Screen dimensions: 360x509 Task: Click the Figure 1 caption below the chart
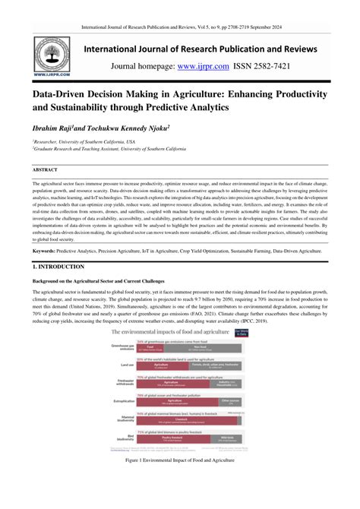(x=179, y=482)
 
